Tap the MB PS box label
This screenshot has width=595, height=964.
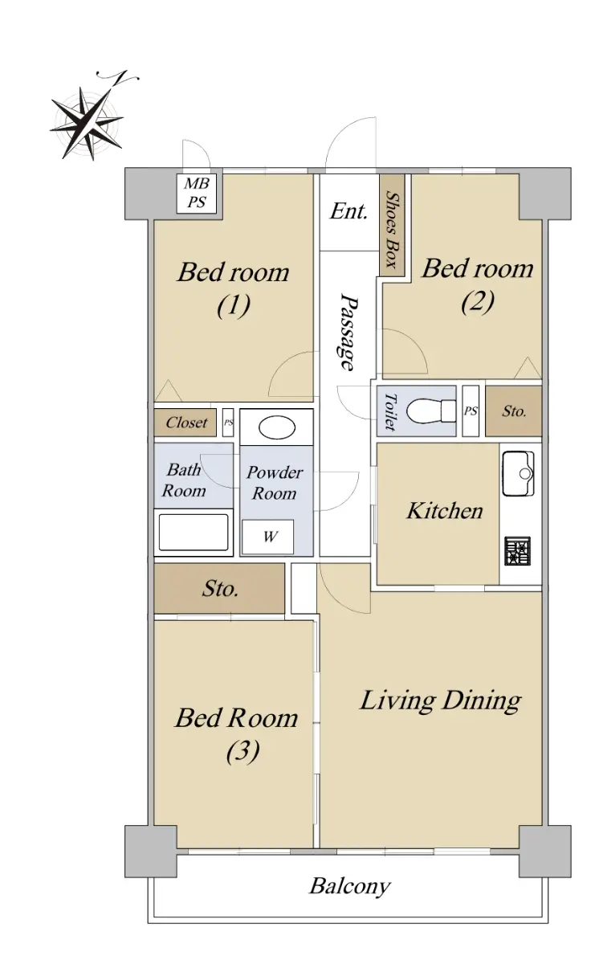(x=196, y=194)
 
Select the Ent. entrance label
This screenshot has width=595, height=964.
(x=348, y=211)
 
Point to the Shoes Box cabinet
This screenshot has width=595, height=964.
(x=392, y=225)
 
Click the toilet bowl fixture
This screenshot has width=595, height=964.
(x=431, y=411)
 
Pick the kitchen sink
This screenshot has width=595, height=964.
(x=519, y=473)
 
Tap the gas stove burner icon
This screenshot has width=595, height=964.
(x=518, y=551)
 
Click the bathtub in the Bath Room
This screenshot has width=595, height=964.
(x=194, y=533)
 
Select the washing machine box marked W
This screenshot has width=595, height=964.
(x=267, y=537)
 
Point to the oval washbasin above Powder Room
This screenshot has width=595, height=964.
(x=277, y=427)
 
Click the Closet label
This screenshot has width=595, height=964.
(x=187, y=423)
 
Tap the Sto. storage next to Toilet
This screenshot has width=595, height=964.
(x=514, y=411)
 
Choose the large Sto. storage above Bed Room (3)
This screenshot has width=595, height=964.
(x=219, y=588)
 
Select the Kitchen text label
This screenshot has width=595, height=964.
(x=444, y=511)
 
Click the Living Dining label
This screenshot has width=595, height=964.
(x=441, y=701)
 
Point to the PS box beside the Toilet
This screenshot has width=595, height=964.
(x=471, y=411)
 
